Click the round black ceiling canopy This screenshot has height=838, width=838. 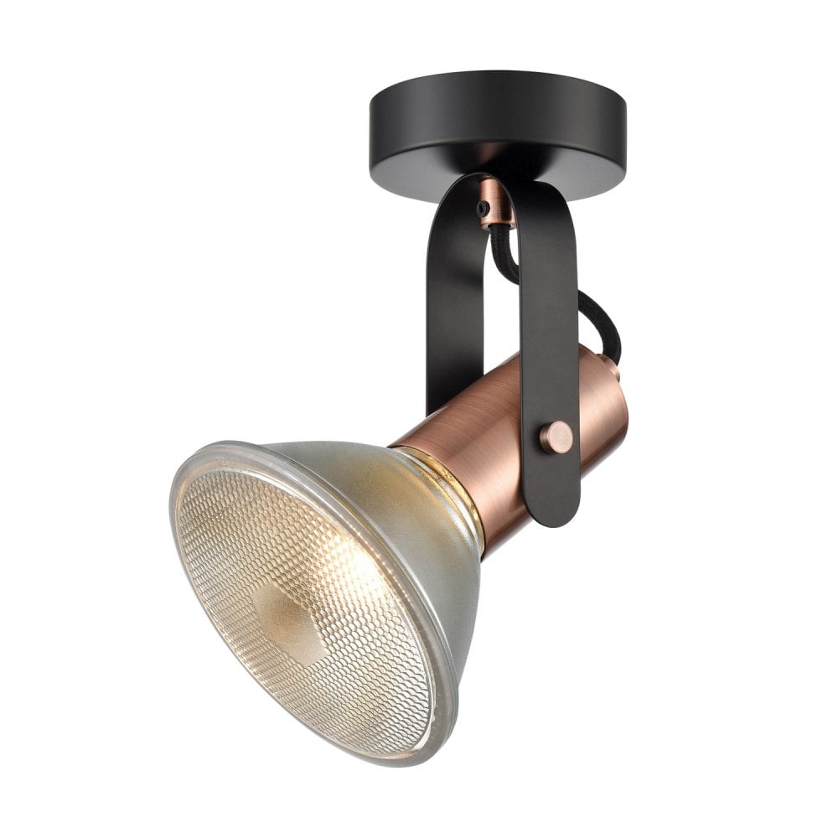498,117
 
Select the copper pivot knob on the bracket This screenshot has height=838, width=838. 555,437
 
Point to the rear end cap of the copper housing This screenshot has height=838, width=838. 616,402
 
